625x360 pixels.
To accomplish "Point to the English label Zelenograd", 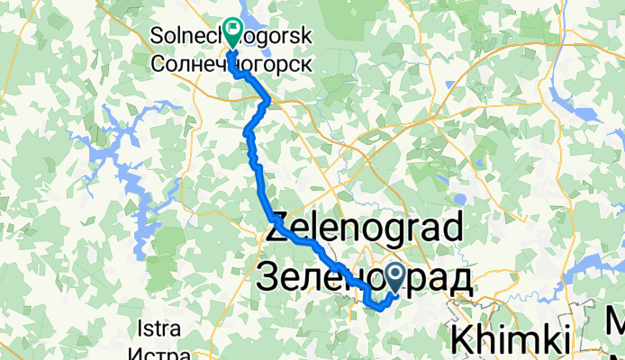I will pyautogui.click(x=364, y=229).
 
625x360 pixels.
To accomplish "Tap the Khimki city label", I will pyautogui.click(x=511, y=342).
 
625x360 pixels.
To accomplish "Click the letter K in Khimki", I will pyautogui.click(x=462, y=342).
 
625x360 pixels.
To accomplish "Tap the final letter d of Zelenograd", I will pyautogui.click(x=449, y=229).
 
